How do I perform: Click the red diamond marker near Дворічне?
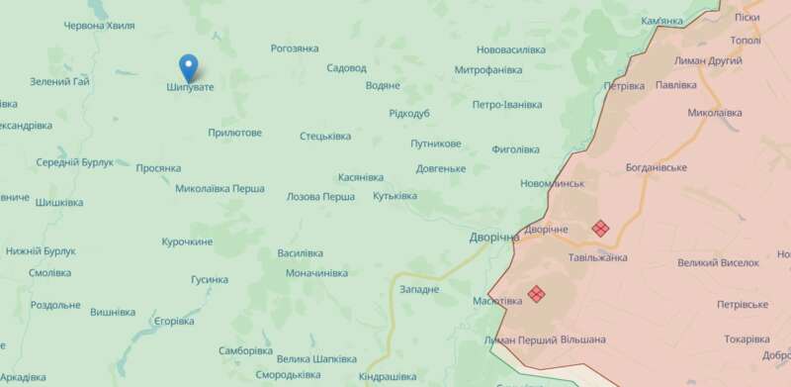(x=599, y=228)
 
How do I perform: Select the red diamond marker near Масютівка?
(x=536, y=294)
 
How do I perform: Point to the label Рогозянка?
(x=295, y=48)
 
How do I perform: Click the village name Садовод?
(x=346, y=68)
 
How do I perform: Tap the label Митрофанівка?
(x=487, y=70)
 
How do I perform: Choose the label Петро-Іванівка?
(x=507, y=104)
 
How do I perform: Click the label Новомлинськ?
(x=553, y=183)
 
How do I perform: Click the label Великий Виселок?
(x=719, y=262)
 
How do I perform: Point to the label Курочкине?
(x=187, y=242)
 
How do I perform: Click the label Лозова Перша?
(x=320, y=197)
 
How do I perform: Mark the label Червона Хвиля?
(x=98, y=27)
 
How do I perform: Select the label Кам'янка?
(x=661, y=21)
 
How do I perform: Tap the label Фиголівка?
(x=515, y=149)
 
